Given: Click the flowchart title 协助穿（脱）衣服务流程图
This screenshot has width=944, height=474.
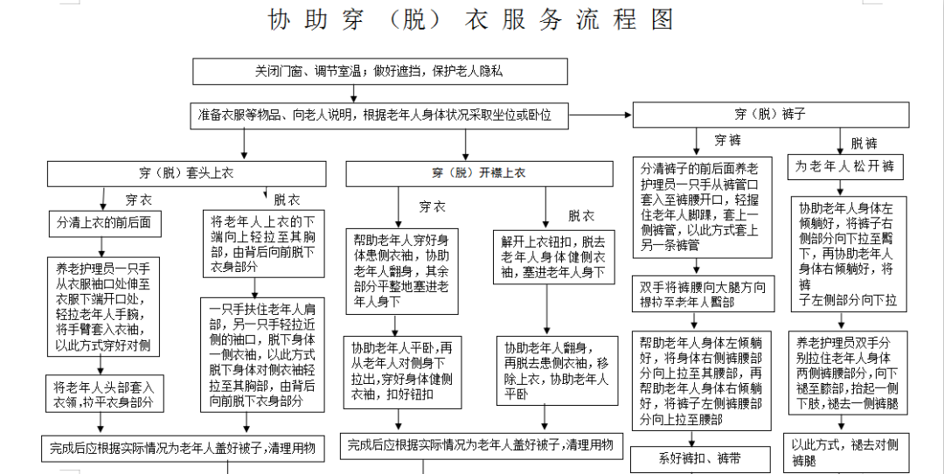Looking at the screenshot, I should pos(471,20).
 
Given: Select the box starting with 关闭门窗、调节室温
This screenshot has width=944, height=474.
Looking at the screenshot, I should pos(379,72).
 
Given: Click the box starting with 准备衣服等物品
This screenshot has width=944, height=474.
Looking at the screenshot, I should pos(379,115).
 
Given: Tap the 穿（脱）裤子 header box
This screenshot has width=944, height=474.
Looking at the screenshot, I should pos(769,115).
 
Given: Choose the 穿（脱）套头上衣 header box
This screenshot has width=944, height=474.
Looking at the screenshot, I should pos(185,173).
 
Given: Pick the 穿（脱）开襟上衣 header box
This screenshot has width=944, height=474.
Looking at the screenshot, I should pos(478,173).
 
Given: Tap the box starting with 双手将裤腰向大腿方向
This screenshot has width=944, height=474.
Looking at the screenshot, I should pos(703,294).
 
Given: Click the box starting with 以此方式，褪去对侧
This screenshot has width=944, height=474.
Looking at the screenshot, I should pos(844,451).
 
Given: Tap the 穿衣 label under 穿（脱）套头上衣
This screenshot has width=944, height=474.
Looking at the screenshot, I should pos(138,199).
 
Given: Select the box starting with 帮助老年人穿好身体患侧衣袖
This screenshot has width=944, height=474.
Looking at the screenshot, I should pos(402,270).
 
